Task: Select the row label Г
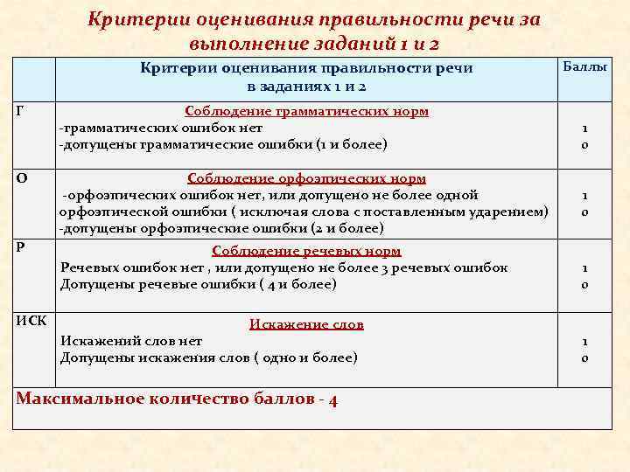(20, 110)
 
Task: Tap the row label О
(21, 178)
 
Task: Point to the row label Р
(20, 246)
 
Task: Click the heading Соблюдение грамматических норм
(306, 112)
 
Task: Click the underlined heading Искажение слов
(306, 324)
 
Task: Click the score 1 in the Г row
(584, 128)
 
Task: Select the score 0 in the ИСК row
(584, 357)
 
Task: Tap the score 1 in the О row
(584, 196)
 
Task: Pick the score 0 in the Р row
(584, 284)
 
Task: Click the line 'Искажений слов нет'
(131, 341)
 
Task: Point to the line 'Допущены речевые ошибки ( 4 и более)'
(198, 284)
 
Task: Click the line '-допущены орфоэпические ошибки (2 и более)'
(220, 228)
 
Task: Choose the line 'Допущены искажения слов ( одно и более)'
(208, 357)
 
